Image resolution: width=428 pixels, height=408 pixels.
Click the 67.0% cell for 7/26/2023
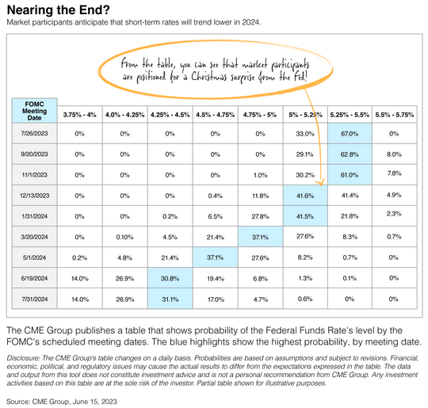350,133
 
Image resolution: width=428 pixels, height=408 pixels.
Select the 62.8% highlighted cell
350,154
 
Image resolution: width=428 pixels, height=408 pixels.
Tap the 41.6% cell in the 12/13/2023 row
305,196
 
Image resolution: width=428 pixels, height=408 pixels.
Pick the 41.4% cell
350,196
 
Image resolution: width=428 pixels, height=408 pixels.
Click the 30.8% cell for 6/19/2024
170,278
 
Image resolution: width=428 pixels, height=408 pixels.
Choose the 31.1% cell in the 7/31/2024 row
170,299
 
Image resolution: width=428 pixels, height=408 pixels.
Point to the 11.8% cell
261,196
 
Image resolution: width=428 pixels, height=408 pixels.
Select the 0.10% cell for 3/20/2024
124,237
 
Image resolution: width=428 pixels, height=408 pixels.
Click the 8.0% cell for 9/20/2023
394,154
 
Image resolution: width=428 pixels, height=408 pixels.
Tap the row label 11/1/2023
34,174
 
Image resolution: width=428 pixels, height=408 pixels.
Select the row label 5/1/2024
34,257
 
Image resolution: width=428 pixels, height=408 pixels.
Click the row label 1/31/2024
34,216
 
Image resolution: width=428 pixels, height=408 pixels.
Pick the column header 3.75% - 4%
80,115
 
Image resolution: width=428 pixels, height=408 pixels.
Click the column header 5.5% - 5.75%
394,115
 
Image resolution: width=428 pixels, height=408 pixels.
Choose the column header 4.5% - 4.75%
215,115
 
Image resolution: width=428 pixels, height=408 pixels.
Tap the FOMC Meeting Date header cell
34,111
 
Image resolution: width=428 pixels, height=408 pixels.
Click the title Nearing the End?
58,10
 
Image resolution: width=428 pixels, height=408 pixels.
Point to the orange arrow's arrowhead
320,183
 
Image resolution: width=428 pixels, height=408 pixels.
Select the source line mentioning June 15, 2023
62,402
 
